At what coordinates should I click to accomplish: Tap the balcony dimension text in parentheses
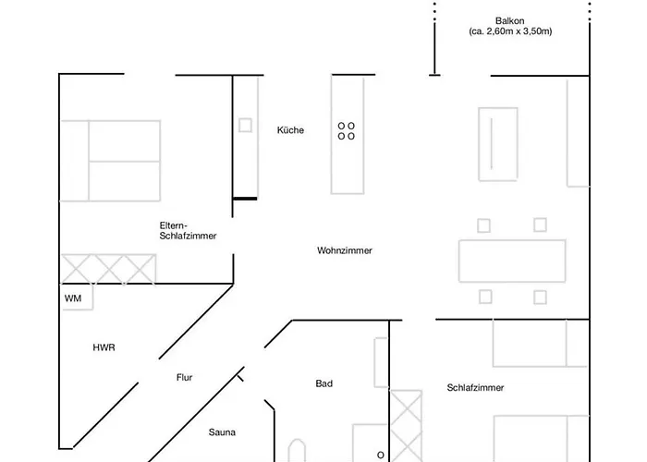(510, 31)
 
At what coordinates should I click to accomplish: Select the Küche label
(290, 130)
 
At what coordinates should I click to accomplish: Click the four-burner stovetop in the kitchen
(347, 130)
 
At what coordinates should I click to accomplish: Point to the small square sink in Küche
(246, 125)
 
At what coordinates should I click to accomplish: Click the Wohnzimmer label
(344, 250)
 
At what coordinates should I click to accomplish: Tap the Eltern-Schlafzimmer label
(189, 231)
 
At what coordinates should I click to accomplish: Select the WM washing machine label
(73, 298)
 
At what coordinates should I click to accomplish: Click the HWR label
(104, 347)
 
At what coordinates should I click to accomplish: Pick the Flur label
(184, 377)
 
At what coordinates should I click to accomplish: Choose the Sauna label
(222, 432)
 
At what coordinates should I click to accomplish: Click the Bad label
(323, 383)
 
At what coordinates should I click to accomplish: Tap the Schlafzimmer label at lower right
(475, 388)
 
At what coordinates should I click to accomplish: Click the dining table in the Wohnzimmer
(512, 261)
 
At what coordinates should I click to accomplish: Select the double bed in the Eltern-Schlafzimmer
(111, 160)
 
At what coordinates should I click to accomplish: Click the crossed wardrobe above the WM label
(108, 270)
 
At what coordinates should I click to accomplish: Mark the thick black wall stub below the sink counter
(244, 198)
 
